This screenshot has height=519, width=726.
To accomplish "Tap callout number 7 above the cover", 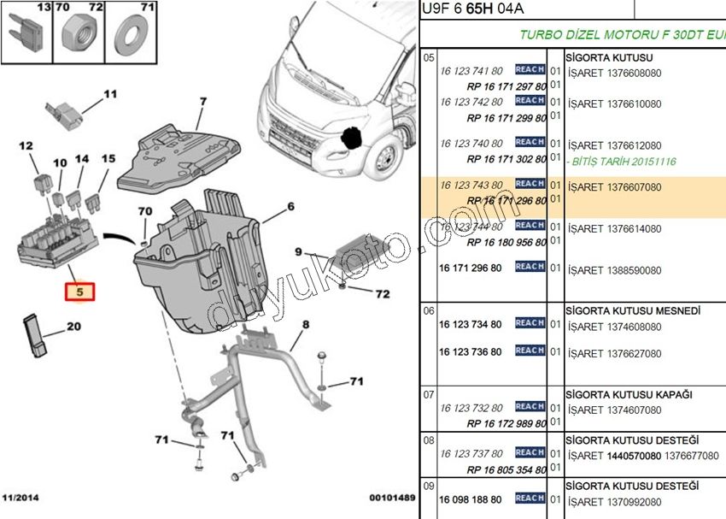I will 203,102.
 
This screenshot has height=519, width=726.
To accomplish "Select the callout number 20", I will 73,326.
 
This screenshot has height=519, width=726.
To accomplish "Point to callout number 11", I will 109,94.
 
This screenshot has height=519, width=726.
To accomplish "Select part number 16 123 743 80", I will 471,185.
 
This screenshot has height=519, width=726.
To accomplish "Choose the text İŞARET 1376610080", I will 615,103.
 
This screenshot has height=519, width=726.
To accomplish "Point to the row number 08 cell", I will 430,438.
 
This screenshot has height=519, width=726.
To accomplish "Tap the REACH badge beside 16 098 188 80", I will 530,498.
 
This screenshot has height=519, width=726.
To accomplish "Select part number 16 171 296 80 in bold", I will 471,268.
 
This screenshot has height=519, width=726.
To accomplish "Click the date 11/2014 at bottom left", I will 20,498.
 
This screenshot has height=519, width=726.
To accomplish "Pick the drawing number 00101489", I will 392,498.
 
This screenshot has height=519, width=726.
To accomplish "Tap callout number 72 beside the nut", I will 382,294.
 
